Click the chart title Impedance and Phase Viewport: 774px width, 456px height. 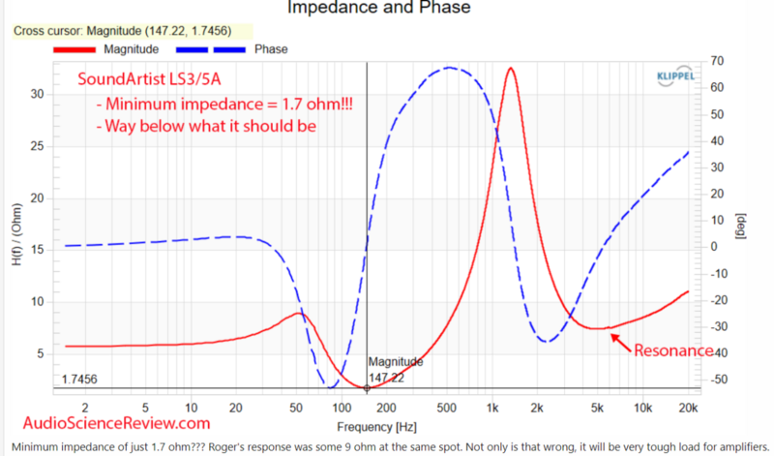(379, 9)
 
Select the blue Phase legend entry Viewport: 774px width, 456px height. (270, 48)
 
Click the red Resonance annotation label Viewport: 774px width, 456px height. (674, 350)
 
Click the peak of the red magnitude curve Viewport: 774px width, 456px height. (510, 68)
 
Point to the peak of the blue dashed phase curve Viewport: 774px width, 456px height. (450, 68)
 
